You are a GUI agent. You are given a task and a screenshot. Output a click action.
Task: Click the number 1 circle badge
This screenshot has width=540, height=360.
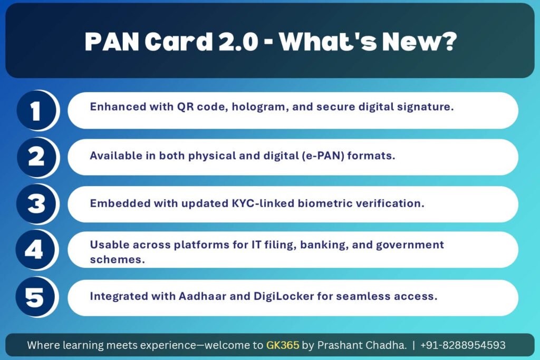click(x=36, y=110)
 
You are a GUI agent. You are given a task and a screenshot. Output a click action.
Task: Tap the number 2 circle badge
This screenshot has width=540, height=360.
click(x=36, y=157)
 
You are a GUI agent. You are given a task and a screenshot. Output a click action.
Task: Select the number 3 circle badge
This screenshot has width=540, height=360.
click(x=36, y=204)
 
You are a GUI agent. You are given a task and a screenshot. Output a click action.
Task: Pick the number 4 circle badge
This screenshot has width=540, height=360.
click(x=35, y=249)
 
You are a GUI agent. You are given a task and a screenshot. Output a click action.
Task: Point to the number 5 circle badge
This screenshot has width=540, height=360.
click(x=35, y=297)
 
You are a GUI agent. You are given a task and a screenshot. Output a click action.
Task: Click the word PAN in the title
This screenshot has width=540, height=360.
click(x=112, y=42)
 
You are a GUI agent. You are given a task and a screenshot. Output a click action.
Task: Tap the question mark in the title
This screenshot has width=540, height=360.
click(x=448, y=42)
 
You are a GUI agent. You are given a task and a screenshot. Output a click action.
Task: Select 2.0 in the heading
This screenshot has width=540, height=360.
click(x=238, y=42)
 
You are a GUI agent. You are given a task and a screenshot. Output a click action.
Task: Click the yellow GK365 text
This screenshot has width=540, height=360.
click(x=283, y=345)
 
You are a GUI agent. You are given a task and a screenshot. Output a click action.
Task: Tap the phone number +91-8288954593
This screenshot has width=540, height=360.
click(x=463, y=345)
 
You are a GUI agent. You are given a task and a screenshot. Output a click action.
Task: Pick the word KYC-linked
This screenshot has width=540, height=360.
click(x=263, y=203)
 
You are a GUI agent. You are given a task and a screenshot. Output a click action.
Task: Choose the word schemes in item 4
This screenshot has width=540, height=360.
click(x=117, y=259)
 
